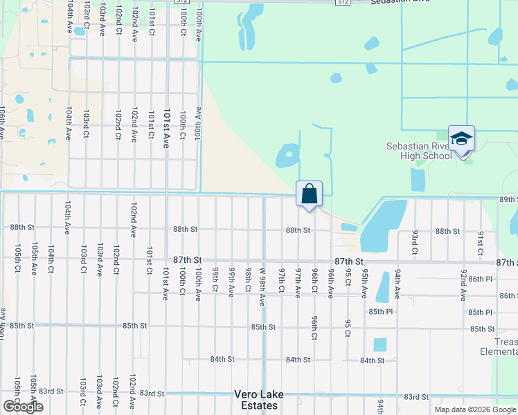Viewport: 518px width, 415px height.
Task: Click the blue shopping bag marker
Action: (309, 194)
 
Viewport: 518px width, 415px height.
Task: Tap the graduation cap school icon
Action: (461, 139)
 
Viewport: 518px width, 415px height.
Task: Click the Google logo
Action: (23, 407)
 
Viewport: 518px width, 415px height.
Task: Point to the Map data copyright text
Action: (474, 409)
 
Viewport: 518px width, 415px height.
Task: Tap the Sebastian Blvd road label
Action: (395, 2)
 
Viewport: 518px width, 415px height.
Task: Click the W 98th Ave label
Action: (263, 286)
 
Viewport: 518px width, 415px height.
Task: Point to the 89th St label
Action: (508, 199)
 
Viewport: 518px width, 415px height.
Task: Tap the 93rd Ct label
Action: (414, 243)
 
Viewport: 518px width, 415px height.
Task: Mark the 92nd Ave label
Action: (463, 285)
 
